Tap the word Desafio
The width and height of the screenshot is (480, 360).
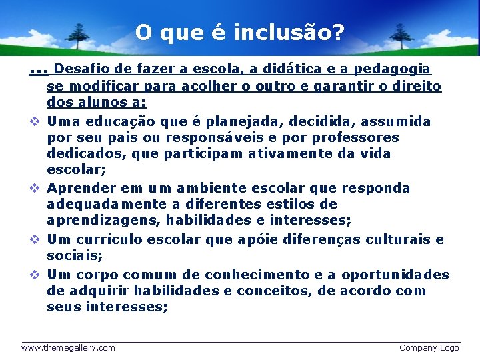point(80,69)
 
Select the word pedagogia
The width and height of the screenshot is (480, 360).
point(392,69)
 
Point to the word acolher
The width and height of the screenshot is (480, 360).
point(201,86)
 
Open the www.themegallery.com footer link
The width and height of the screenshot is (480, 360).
point(68,347)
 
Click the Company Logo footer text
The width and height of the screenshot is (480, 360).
point(429,347)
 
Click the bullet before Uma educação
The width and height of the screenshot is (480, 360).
point(34,122)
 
